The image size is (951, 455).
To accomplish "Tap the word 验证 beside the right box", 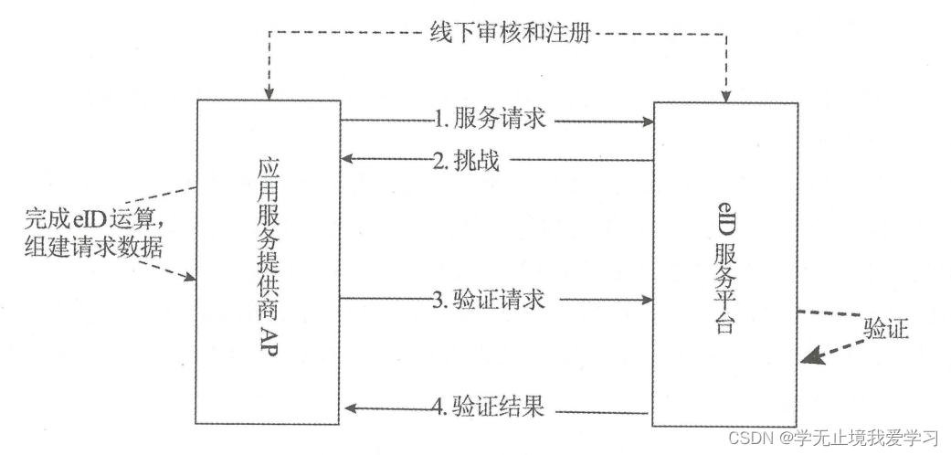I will tap(885, 328).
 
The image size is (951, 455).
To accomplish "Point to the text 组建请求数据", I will tap(95, 247).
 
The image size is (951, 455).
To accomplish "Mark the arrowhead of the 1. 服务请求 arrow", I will tap(648, 119).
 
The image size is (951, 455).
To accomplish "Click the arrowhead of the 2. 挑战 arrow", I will tap(347, 161).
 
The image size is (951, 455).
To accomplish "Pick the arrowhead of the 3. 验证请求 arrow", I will tap(648, 299).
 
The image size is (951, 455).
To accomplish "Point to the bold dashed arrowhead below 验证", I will tap(809, 357).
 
